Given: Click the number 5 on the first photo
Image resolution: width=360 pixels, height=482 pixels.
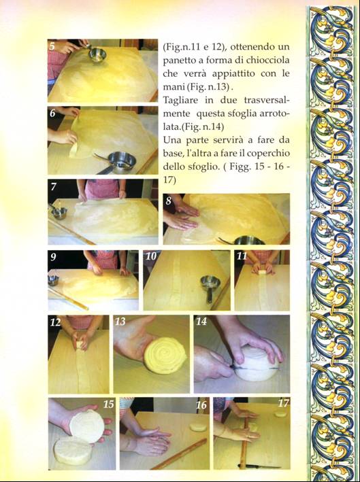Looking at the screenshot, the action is tap(52, 46).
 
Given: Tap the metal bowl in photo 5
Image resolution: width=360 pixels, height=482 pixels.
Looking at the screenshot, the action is tap(97, 54).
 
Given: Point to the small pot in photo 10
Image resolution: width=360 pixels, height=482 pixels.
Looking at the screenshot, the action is tap(210, 286).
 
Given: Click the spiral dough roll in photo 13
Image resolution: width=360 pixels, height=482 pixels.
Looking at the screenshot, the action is tap(165, 356).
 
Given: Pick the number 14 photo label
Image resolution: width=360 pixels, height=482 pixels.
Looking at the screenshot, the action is tap(202, 322).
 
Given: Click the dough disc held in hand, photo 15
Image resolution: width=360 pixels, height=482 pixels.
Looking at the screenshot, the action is tap(86, 426).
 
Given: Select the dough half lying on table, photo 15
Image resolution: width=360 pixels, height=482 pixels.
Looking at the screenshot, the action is tap(73, 451).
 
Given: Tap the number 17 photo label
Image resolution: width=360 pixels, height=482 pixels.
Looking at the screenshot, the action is tap(283, 402).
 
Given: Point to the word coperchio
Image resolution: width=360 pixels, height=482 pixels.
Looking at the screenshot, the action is tap(269, 154).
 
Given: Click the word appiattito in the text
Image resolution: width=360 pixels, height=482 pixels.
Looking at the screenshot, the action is tap(234, 74).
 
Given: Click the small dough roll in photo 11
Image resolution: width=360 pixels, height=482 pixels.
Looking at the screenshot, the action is tap(262, 273).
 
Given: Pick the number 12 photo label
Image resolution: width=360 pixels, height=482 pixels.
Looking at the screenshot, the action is tap(56, 322).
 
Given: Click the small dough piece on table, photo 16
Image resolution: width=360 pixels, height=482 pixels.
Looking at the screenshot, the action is tap(197, 427).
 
